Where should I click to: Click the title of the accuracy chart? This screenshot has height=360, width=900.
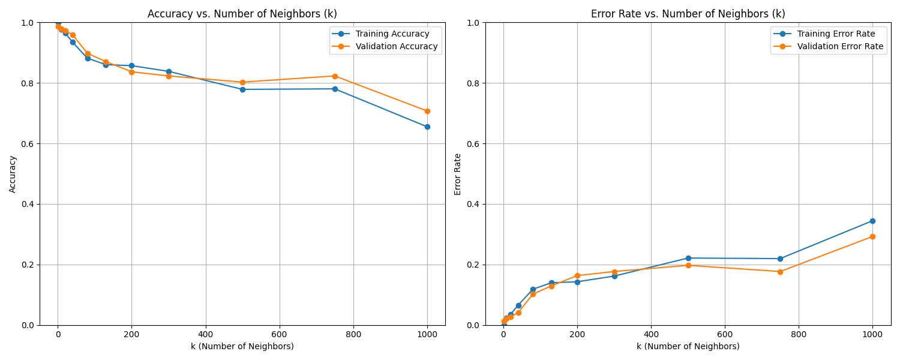pos(242,14)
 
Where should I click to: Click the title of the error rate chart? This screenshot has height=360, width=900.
pos(688,14)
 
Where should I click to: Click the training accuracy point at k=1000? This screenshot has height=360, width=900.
pos(427,127)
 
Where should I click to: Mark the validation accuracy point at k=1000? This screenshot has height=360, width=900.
pos(427,111)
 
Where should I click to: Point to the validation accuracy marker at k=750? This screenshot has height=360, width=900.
pos(335,76)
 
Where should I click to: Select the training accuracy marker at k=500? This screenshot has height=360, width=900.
pos(242,89)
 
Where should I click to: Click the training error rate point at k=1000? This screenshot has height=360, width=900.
pos(872,221)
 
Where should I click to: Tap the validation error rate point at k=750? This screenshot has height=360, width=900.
pos(780,272)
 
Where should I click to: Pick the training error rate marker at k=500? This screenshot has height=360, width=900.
pos(688,258)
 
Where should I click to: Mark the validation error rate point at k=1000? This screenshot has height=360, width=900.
pos(872,236)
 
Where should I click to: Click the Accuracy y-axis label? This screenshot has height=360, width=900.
pos(13,174)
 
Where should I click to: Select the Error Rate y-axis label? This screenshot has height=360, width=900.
pos(458,174)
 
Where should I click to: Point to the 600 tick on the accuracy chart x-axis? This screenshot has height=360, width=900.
pos(280,334)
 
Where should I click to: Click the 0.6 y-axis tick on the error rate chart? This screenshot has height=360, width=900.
pos(473,144)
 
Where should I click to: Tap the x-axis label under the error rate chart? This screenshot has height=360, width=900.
pos(688,346)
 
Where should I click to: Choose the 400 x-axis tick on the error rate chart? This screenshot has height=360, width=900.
pos(651,334)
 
